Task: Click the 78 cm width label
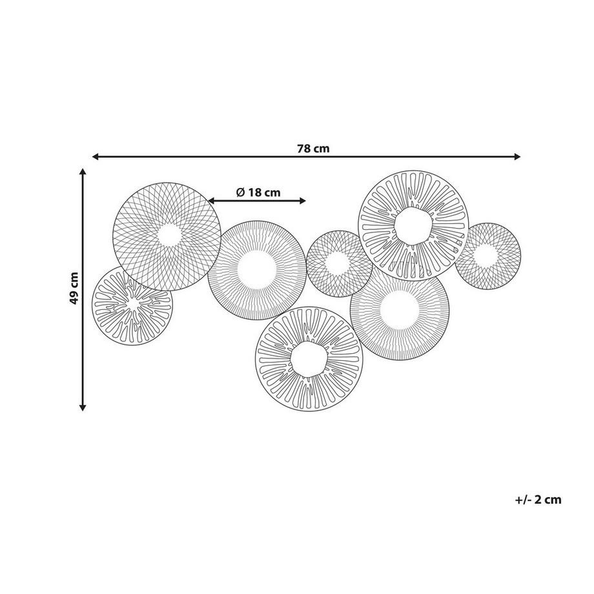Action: (x=313, y=148)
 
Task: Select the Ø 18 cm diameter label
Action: (x=258, y=192)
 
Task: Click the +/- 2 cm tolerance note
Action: (x=538, y=500)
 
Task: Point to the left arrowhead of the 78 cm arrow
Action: (x=96, y=156)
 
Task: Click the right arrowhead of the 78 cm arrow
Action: (x=517, y=156)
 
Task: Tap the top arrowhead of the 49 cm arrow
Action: (x=83, y=172)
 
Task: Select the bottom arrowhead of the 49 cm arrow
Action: (x=83, y=407)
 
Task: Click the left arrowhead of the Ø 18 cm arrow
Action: (x=211, y=201)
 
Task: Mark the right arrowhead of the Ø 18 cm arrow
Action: (x=302, y=201)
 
